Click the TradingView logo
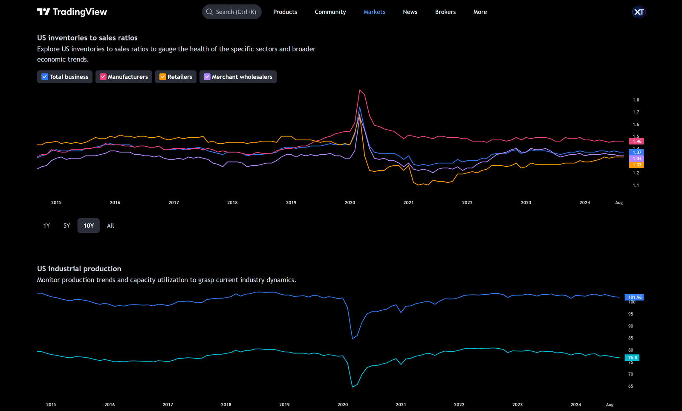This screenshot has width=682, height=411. coord(72,12)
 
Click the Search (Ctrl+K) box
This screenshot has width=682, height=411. coord(232,12)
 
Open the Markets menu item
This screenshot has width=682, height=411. coord(374,12)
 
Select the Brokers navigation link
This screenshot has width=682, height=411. coord(445,12)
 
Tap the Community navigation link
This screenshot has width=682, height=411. coord(330,12)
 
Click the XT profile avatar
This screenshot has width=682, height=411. coord(639,12)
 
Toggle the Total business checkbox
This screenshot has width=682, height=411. coord(45,77)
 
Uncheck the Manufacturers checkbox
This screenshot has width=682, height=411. coord(103,77)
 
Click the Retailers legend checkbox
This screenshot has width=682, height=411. coord(163,77)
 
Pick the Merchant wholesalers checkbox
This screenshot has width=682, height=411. coord(207,77)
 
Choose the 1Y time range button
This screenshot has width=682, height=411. coord(46,226)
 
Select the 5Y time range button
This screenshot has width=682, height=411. coord(66,226)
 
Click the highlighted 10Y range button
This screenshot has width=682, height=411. coord(89,226)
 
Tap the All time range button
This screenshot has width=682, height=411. coord(110,226)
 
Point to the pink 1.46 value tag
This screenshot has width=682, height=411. coord(636,141)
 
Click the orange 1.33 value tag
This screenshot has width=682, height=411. coord(636,165)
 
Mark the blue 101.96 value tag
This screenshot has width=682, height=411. coord(634,297)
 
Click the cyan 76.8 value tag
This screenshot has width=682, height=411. coord(632,358)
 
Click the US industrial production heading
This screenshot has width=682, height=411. coord(79,269)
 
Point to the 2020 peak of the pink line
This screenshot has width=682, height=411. coord(360,90)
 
